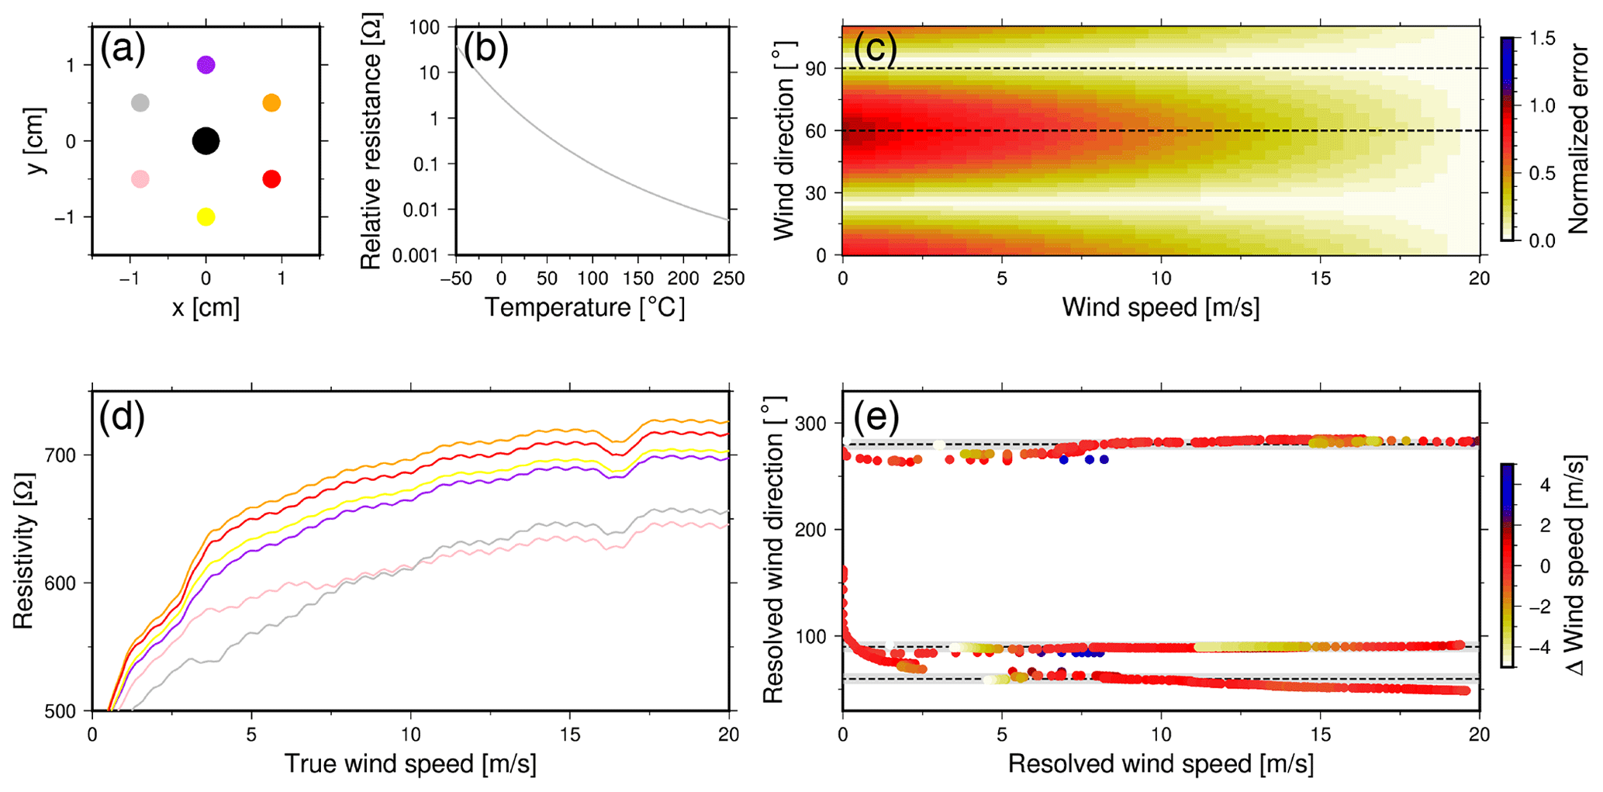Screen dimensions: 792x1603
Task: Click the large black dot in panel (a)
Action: pos(206,141)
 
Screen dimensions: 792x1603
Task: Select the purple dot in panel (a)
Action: pos(206,64)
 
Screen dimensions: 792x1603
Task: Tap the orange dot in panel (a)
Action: pos(271,102)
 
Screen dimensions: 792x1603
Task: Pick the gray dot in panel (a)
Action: pos(140,102)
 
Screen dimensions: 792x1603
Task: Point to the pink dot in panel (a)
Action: pos(140,179)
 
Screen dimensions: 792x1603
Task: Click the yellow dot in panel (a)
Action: pos(206,217)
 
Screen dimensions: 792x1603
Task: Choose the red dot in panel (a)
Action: pos(271,179)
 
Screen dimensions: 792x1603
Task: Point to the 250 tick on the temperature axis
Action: pos(728,278)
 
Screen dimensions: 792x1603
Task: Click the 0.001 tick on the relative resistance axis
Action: pos(415,255)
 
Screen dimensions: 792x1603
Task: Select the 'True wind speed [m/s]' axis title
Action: pos(409,763)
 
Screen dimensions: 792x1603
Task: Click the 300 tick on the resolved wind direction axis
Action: pos(811,424)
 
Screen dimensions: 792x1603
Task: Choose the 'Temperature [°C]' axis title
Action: pos(585,307)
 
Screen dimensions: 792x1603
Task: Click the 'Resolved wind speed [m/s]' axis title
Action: pos(1160,763)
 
